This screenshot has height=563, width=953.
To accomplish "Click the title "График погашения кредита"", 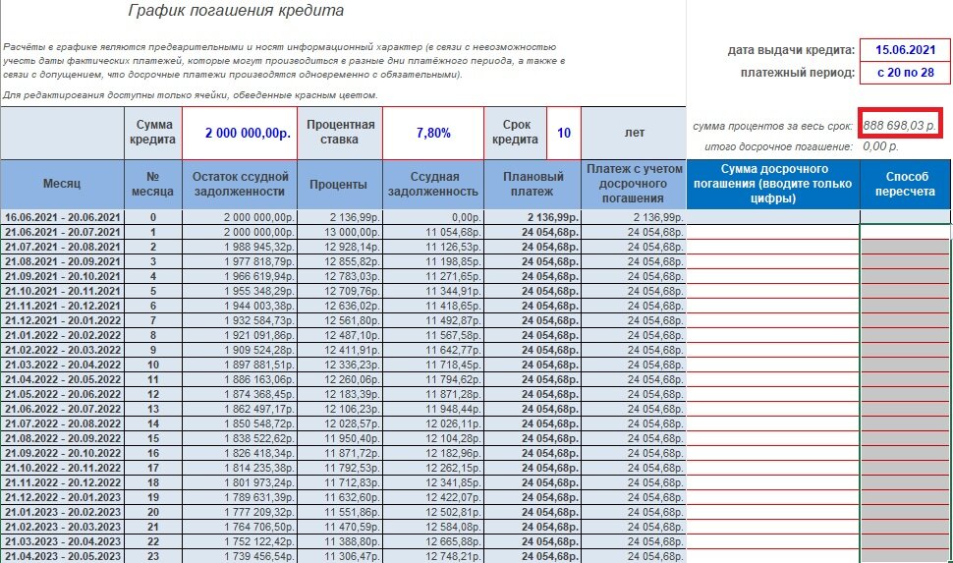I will tap(236, 12).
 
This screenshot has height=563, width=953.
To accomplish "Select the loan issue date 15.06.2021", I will tap(904, 49).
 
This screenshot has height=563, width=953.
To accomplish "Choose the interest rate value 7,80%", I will tap(432, 133).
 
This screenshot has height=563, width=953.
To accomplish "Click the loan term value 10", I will tap(564, 133).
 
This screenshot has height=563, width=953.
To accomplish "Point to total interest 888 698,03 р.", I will tap(900, 126).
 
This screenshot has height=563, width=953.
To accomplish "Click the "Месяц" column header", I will tap(62, 184).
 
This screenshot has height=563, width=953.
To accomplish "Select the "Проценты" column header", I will tap(338, 184).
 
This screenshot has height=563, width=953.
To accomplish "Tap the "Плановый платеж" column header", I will tap(533, 184).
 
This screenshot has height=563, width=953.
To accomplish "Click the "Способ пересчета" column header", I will tap(905, 184).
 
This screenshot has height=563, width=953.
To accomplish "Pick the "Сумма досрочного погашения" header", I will tap(772, 184).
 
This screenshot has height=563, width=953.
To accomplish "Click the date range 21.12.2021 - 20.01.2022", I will tap(62, 320).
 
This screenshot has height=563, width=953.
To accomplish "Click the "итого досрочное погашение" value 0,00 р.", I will tap(880, 146).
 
